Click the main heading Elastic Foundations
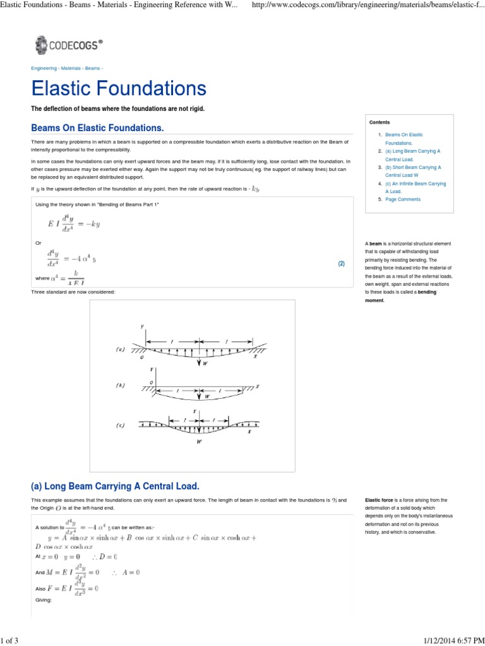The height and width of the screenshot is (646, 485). click(x=119, y=89)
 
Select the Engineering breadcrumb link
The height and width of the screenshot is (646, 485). click(x=44, y=68)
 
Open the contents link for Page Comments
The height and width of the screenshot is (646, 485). click(x=403, y=199)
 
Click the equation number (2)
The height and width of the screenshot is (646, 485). click(x=341, y=264)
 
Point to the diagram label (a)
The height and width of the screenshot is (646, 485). click(x=120, y=349)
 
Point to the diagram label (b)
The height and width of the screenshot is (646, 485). click(x=120, y=385)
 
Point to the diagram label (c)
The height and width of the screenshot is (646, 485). click(x=120, y=425)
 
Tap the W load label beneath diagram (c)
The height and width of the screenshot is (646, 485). click(x=200, y=442)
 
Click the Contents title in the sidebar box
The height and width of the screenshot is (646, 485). click(x=380, y=122)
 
